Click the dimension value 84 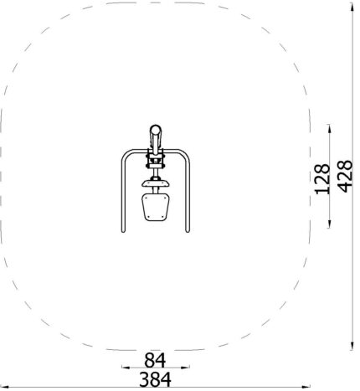[155, 360]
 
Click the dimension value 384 [155, 379]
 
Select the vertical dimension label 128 [322, 179]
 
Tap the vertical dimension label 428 [346, 176]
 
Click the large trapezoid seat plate [156, 208]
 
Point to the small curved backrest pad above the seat [156, 183]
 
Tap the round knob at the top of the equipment [156, 130]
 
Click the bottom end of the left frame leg [123, 231]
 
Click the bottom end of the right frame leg [188, 231]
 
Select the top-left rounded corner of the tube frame [126, 154]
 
